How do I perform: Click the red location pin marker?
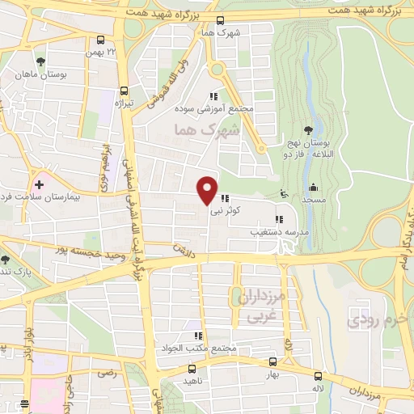click(x=208, y=190)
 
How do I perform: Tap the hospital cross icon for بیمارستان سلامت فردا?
click(x=37, y=184)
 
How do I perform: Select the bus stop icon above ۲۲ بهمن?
click(x=100, y=40)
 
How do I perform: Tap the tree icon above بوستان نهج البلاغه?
click(x=308, y=130)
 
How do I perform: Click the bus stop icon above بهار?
click(x=272, y=362)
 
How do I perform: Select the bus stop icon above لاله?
click(x=318, y=376)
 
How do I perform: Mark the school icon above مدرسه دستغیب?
click(x=279, y=218)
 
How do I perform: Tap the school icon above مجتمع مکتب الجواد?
click(x=196, y=336)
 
